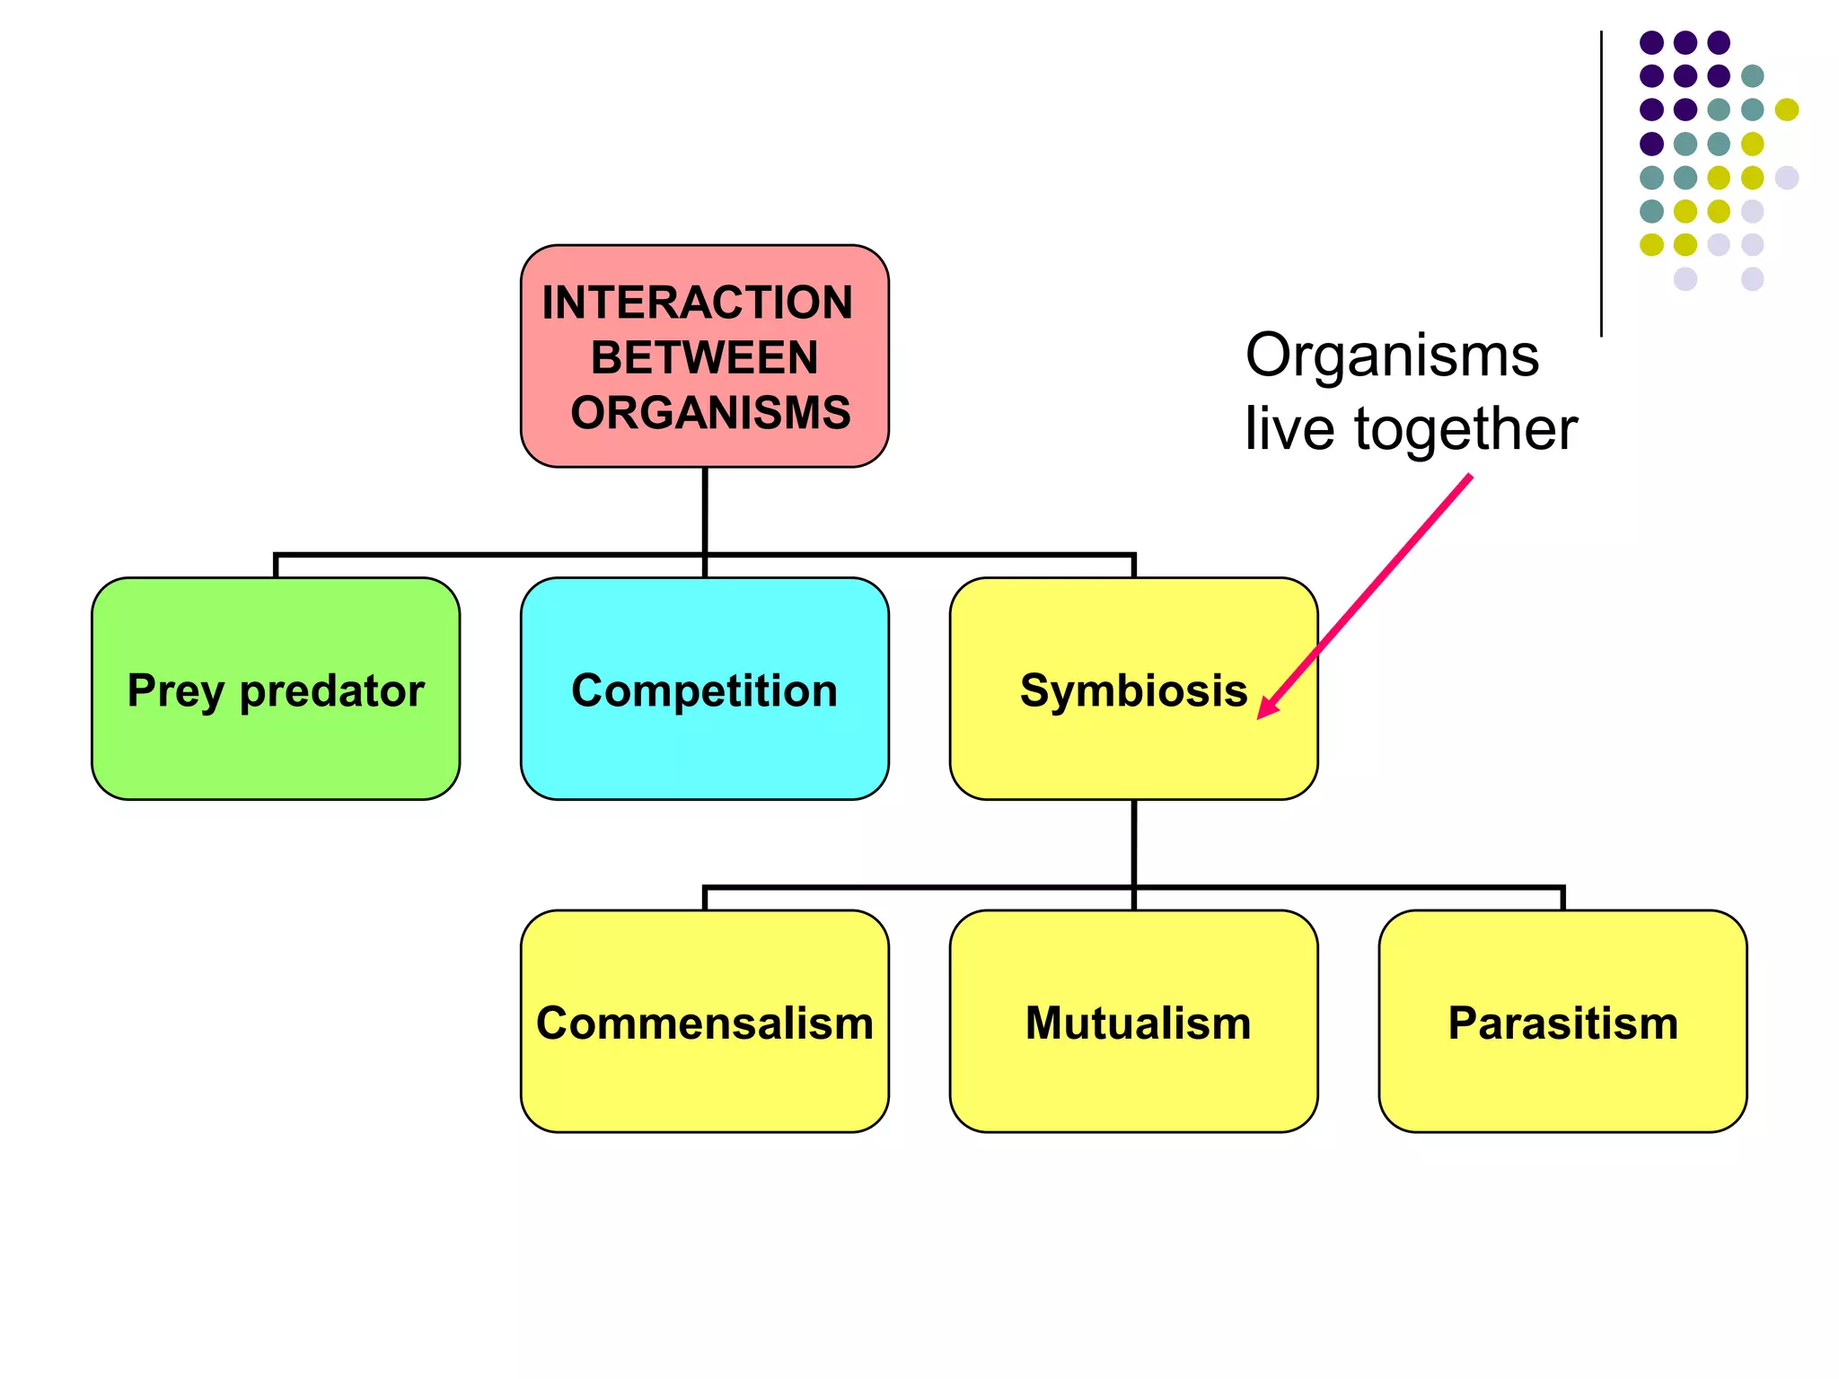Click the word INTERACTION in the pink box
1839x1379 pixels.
pyautogui.click(x=697, y=303)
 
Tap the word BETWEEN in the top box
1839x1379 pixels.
pyautogui.click(x=704, y=357)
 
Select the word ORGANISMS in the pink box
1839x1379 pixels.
pyautogui.click(x=710, y=413)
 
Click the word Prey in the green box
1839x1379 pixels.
pyautogui.click(x=175, y=691)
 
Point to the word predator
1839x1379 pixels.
pyautogui.click(x=331, y=691)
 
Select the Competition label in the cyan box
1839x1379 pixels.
pyautogui.click(x=704, y=690)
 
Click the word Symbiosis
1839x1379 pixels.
pyautogui.click(x=1133, y=690)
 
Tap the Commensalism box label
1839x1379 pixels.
pyautogui.click(x=704, y=1023)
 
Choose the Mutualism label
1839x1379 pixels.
pyautogui.click(x=1138, y=1023)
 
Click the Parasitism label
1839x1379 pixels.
pyautogui.click(x=1562, y=1023)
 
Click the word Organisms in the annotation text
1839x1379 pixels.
pyautogui.click(x=1392, y=356)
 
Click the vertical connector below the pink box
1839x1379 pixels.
pyautogui.click(x=705, y=510)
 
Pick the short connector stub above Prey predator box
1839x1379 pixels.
pyautogui.click(x=276, y=567)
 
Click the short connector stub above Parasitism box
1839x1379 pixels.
pyautogui.click(x=1562, y=899)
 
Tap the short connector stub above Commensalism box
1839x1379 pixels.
pyautogui.click(x=705, y=899)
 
